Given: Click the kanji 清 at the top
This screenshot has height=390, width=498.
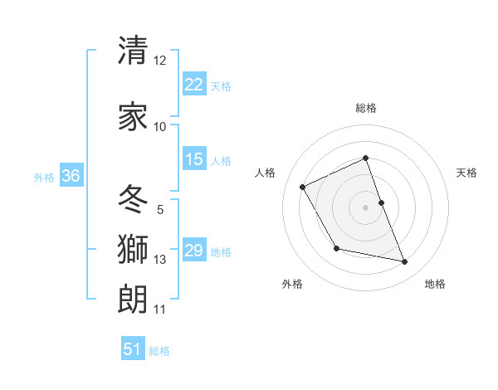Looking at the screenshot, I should pos(133,51).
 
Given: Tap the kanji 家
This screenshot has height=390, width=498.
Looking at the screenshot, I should pos(133,117).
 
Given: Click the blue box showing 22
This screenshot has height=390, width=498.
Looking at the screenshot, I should pos(194,85).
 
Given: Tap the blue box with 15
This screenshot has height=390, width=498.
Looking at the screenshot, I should pos(194,159).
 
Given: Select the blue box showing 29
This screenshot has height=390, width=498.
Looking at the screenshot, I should pos(194,251).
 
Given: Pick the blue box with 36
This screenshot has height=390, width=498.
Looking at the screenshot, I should pos(71,176).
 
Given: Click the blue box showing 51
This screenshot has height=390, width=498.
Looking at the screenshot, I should pos(133,349).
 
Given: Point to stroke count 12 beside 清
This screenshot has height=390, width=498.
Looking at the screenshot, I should pos(160,61).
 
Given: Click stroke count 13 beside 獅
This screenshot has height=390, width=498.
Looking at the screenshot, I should pos(160,260).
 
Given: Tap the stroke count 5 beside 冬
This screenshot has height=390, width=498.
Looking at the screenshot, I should pos(160,210).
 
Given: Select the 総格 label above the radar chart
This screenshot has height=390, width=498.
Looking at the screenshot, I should pos(366,108).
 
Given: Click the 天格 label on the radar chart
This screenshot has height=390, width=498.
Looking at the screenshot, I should pos(466,173).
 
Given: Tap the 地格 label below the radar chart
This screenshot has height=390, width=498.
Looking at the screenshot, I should pos(435,284).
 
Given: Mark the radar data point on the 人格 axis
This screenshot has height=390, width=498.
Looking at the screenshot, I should pos(303,187).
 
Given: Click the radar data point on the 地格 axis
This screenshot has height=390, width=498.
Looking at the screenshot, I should pos(405,262).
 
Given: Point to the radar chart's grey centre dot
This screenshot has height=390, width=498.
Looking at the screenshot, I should pos(366,207).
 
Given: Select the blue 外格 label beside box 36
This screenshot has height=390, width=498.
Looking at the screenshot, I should pos(44,177).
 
